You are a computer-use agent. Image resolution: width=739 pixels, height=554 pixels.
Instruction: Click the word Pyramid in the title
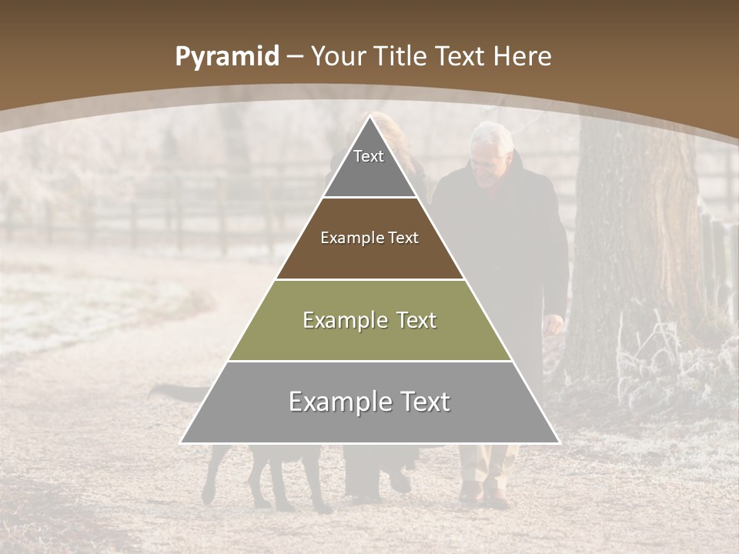[226, 57]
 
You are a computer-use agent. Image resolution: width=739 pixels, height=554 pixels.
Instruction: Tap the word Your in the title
[336, 56]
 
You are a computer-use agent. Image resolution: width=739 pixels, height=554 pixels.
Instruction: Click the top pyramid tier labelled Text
[369, 162]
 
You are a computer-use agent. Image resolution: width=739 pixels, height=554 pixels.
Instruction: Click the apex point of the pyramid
[370, 116]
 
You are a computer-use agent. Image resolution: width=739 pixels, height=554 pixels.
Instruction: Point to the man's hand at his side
[553, 323]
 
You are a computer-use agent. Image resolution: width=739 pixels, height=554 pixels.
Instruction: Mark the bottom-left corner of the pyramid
[181, 442]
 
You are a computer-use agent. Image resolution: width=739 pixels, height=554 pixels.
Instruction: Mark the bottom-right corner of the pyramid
[559, 442]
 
